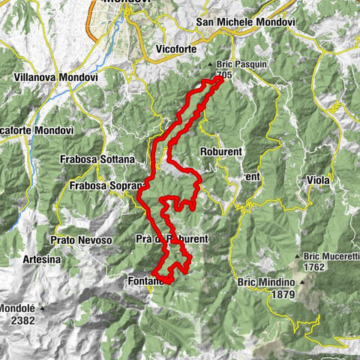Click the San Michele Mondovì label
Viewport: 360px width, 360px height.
point(245,22)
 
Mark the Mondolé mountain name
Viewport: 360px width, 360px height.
point(18,307)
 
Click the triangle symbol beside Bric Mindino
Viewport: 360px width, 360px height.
point(303,282)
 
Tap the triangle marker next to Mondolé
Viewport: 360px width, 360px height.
point(43,307)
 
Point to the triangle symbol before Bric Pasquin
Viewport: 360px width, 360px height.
point(211,65)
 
